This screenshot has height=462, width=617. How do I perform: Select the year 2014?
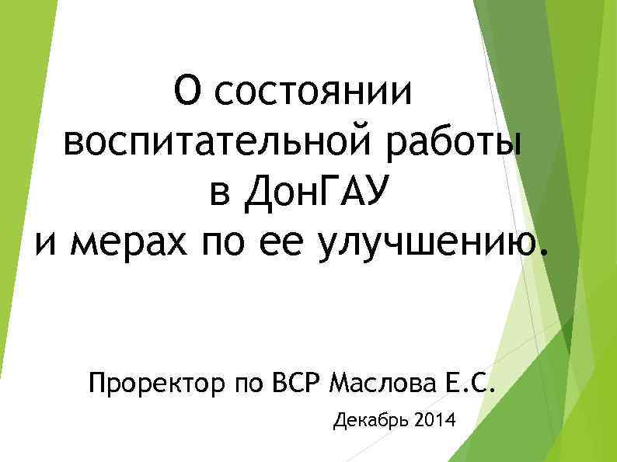437,422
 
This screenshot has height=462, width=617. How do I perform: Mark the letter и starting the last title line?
47,246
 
